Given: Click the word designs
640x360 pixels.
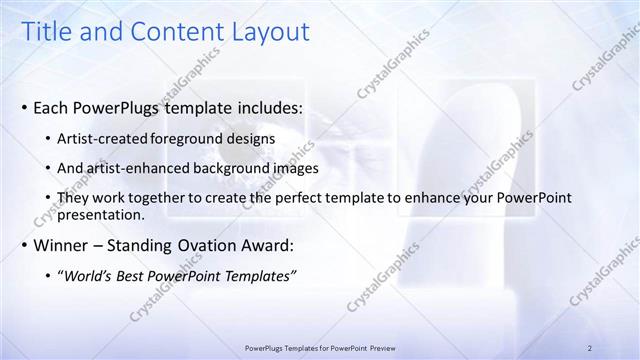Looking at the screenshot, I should point(251,137).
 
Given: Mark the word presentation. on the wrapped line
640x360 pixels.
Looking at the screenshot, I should point(102,214).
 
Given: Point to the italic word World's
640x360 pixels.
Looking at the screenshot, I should point(90,276).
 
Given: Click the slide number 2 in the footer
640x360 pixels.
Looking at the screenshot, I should point(590,347).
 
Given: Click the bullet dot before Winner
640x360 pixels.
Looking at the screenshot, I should point(24,246).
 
